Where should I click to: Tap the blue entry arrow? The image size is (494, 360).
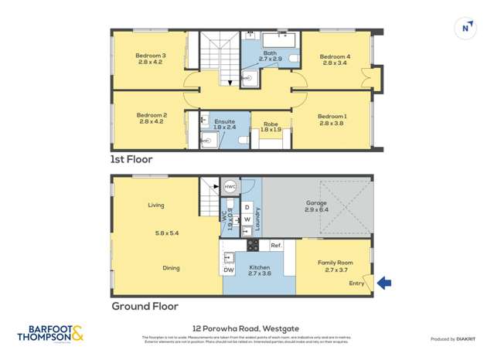coord(383,284)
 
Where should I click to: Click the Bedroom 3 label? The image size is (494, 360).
coord(151,56)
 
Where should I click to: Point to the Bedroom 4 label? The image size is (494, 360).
coord(335,56)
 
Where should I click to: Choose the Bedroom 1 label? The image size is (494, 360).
coord(332,116)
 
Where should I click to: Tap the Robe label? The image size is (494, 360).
coord(271,124)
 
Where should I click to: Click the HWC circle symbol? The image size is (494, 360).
coord(230,187)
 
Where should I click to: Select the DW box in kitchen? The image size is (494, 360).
coord(229,270)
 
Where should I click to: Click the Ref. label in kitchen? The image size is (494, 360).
coord(276,245)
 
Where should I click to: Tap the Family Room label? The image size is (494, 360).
coord(335,263)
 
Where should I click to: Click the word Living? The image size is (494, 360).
coord(156,205)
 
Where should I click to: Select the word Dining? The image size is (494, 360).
coord(171,268)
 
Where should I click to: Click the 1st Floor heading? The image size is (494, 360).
coord(132,159)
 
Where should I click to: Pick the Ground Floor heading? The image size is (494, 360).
coord(145,306)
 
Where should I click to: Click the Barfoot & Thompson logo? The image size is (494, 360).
coord(49,334)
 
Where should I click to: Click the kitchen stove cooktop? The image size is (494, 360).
coord(252,245)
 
